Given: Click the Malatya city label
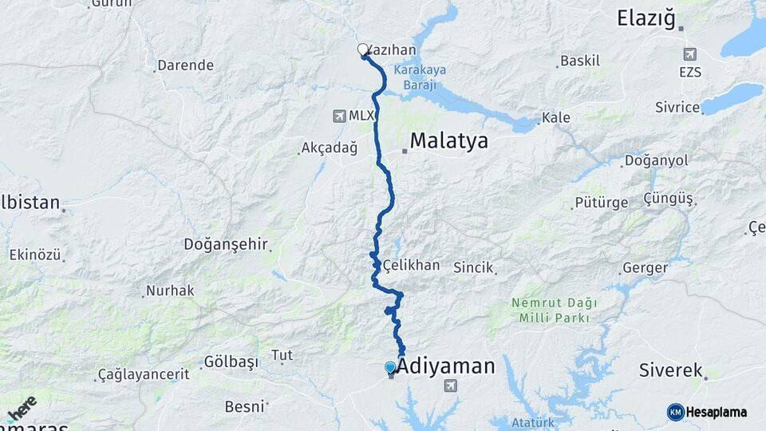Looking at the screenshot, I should (448, 142).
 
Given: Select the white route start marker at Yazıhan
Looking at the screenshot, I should (363, 49).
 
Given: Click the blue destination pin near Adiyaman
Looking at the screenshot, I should (390, 368).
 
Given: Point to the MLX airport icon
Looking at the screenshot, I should (340, 117).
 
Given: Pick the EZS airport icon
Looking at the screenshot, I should (689, 54).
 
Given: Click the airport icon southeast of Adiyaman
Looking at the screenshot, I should (451, 386).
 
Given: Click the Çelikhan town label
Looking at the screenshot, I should (411, 265).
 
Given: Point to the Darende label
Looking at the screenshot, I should (185, 65).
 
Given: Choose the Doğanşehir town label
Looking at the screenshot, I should (226, 244).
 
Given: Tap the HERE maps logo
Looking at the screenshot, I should (22, 408).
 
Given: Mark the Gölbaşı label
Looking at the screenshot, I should (231, 362).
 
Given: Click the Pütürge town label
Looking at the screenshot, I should (601, 203).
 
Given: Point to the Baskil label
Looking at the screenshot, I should (579, 61).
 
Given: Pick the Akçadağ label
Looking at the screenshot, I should (329, 148).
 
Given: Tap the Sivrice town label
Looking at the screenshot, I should (677, 107).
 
